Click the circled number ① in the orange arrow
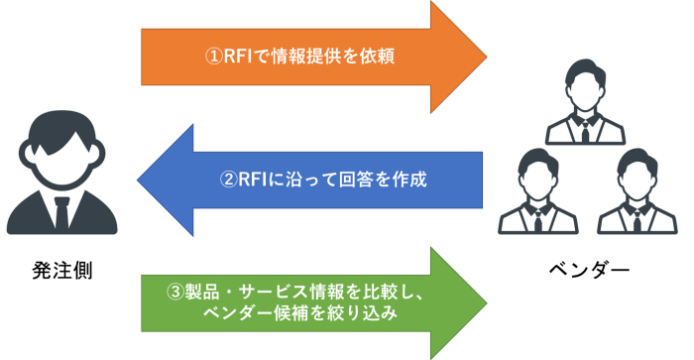(x=212, y=57)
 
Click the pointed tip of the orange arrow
(x=489, y=57)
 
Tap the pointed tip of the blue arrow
(x=138, y=180)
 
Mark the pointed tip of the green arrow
(x=489, y=301)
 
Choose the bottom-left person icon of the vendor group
(x=538, y=191)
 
